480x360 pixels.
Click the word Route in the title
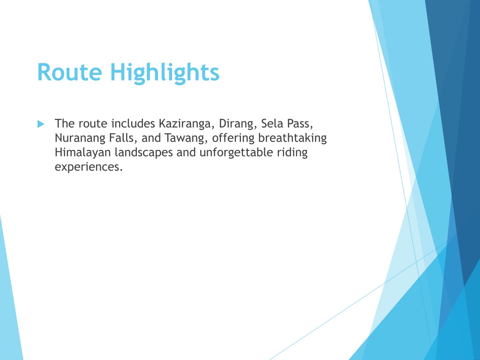coord(69,72)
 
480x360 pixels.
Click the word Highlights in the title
coord(165,73)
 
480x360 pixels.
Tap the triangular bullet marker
coord(41,124)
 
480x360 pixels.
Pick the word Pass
coord(300,124)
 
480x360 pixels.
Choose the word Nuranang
coord(80,138)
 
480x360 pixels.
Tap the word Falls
coord(122,138)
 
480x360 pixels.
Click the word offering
coord(233,138)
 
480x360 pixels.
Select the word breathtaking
coord(292,138)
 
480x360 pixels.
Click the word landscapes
coord(143,153)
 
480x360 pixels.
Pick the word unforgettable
coord(236,152)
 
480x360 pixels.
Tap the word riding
coord(292,153)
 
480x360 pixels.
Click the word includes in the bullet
coord(133,124)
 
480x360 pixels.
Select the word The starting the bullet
coord(65,123)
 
